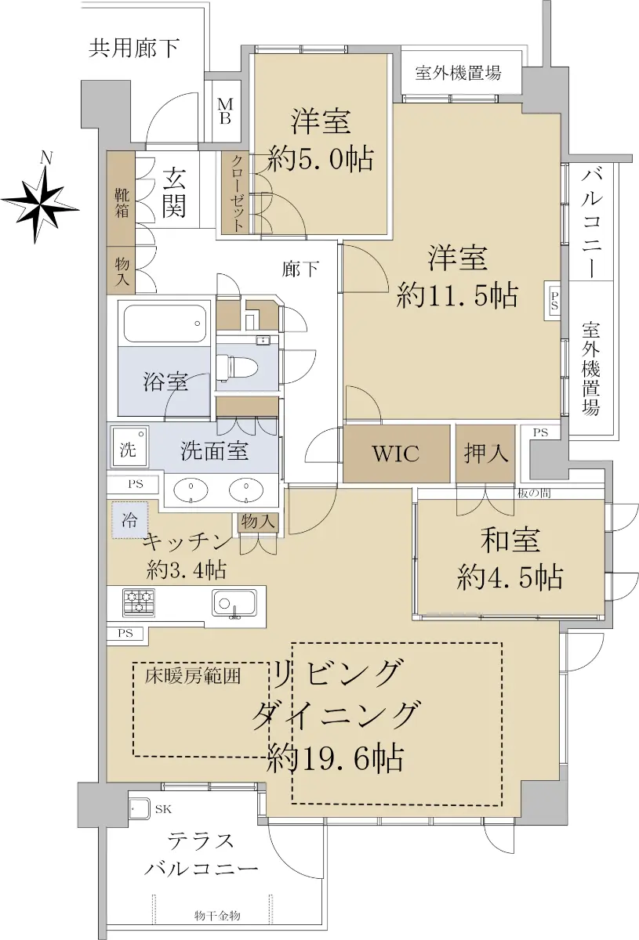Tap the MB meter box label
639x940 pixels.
pyautogui.click(x=225, y=110)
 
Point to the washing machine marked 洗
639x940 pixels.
pyautogui.click(x=130, y=447)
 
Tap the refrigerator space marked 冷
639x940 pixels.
pyautogui.click(x=130, y=520)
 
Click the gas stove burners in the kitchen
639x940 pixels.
pyautogui.click(x=139, y=602)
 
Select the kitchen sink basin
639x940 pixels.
pyautogui.click(x=234, y=603)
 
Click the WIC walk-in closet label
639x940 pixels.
pyautogui.click(x=396, y=454)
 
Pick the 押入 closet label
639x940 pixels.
pyautogui.click(x=485, y=454)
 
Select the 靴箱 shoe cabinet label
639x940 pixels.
pyautogui.click(x=122, y=203)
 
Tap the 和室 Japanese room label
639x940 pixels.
pyautogui.click(x=510, y=540)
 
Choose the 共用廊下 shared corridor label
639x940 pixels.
pyautogui.click(x=134, y=48)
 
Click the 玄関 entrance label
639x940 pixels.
pyautogui.click(x=174, y=193)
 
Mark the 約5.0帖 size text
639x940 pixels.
pyautogui.click(x=320, y=158)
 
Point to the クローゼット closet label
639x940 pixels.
pyautogui.click(x=238, y=193)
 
